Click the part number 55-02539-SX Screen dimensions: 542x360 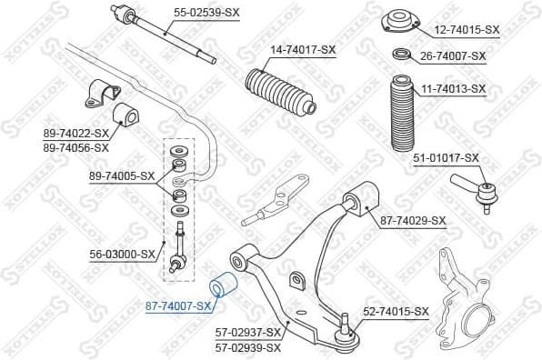click(x=207, y=14)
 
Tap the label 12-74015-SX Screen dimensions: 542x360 click(x=467, y=30)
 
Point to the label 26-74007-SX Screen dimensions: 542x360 click(x=454, y=56)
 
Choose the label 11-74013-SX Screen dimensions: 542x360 click(x=454, y=88)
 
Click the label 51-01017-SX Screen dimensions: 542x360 click(x=447, y=157)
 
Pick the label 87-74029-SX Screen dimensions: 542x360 click(x=413, y=220)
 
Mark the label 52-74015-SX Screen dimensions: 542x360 click(x=396, y=312)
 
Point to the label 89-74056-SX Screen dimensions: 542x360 click(x=76, y=146)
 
